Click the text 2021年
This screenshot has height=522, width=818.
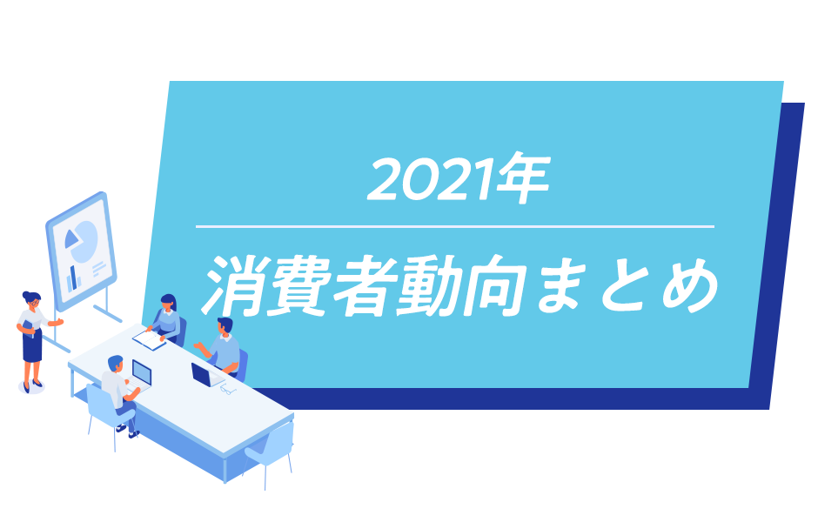coord(458,178)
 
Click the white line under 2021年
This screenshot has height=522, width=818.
coord(455,227)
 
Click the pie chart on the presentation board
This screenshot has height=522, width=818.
coord(82,241)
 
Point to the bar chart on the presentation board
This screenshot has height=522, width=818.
coord(74,279)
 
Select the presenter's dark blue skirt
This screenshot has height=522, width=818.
coord(32,345)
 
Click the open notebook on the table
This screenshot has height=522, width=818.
coord(150,340)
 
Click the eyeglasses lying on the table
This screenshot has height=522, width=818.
coord(228,390)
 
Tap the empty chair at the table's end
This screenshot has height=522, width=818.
coord(272,452)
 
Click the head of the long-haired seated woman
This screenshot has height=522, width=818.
coord(168,303)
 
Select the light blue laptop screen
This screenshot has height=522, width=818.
coord(141,372)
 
